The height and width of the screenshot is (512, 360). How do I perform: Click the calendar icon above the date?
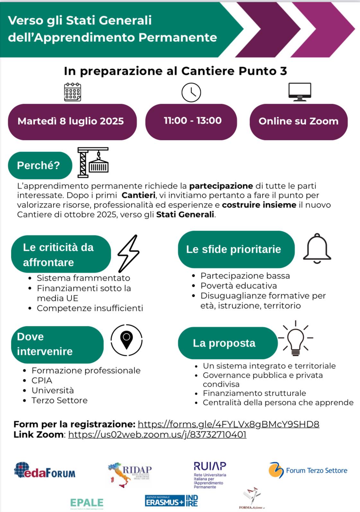coord(73,92)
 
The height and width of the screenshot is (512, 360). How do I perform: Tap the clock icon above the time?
coord(191,93)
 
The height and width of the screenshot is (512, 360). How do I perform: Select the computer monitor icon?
coord(299,92)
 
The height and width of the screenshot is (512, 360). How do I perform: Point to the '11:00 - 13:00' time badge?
coord(191,121)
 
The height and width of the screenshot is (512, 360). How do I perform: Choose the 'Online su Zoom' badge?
coord(298,121)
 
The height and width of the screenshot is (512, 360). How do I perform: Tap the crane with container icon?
coord(93,163)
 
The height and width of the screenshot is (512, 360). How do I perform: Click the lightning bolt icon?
coord(128,253)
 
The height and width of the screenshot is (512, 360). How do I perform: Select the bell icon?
coord(317,249)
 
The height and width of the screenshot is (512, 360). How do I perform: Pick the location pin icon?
coord(127,340)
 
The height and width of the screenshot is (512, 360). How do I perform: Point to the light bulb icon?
coord(295,339)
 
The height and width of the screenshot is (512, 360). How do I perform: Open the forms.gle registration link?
coord(228,424)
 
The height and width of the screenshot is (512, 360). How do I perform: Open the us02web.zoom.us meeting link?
coord(157,435)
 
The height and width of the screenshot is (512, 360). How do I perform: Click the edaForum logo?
coord(45,471)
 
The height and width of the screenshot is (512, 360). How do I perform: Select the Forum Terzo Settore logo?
coord(308,471)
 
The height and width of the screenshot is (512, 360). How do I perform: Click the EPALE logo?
coord(87,503)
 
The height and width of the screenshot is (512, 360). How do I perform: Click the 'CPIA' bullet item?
coord(42,381)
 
